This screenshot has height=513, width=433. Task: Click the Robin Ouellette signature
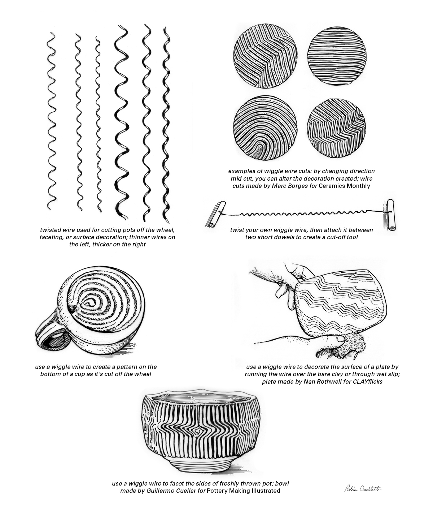pos(362,488)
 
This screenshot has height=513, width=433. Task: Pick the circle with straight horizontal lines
pos(336,57)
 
